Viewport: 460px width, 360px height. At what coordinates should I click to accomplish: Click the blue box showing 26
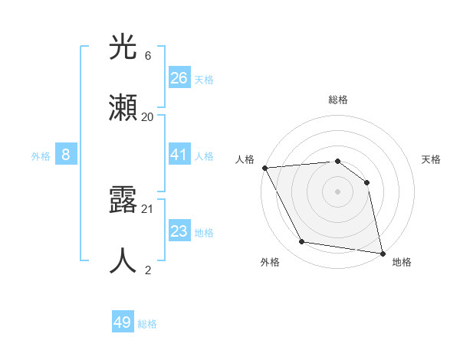tap(179, 77)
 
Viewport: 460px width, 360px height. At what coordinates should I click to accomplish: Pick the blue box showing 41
tap(179, 155)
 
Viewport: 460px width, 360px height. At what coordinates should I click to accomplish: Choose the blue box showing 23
tap(179, 231)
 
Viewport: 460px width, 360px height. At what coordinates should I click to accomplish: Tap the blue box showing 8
tap(66, 155)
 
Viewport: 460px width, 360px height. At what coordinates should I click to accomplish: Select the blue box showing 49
tap(123, 322)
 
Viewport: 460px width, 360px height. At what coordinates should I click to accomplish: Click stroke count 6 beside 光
tap(148, 56)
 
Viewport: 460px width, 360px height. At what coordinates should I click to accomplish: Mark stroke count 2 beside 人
tap(148, 269)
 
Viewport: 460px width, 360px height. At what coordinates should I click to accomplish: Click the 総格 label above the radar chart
tap(337, 100)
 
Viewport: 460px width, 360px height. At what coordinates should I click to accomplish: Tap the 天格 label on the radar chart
tap(432, 159)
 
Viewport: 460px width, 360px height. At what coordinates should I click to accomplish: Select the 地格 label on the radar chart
tap(402, 262)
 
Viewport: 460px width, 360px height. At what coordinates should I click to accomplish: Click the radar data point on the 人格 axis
tap(264, 168)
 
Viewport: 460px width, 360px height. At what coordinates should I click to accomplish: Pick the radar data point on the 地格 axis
tap(381, 252)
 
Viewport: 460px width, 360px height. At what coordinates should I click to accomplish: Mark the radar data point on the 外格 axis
tap(302, 242)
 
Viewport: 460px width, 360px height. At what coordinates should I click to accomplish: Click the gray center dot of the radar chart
tap(337, 191)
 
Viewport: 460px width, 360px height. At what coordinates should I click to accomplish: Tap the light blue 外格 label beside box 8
tap(41, 155)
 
